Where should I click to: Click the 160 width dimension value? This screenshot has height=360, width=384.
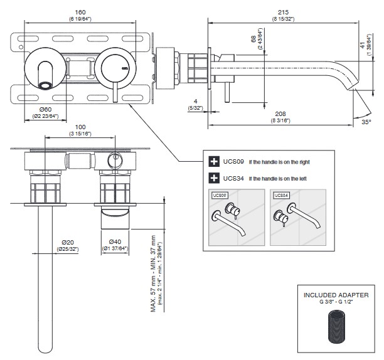[x=80, y=12]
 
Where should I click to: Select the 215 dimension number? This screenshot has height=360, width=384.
[x=284, y=12]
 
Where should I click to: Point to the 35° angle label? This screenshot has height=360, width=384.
[x=366, y=123]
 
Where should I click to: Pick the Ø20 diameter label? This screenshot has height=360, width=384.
[x=68, y=243]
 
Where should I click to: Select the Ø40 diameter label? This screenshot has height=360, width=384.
[x=115, y=243]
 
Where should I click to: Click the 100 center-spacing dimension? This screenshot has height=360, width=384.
[x=80, y=127]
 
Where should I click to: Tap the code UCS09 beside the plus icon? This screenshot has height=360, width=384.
[x=230, y=161]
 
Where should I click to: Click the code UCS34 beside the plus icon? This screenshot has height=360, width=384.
[x=230, y=178]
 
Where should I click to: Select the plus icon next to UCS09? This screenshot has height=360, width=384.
[x=213, y=161]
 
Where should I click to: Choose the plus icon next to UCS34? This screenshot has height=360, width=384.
[x=213, y=178]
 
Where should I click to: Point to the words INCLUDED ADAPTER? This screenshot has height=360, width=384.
[x=337, y=295]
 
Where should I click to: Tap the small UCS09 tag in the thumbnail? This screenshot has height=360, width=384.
[x=220, y=196]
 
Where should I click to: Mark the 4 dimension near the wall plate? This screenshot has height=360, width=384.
[x=196, y=102]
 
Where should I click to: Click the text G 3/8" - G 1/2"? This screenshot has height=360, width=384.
[x=337, y=302]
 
